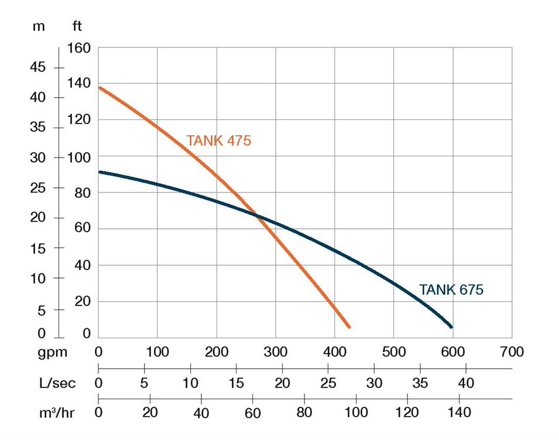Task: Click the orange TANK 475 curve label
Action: coord(218,141)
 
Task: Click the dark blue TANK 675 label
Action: coord(451,290)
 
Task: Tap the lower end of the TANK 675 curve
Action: coord(451,327)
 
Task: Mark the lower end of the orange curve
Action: coord(348,326)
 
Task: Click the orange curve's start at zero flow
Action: coord(100,88)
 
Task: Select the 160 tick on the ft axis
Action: coord(80,47)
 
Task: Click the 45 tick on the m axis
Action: coord(37,67)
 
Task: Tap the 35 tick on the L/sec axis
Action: coord(420,383)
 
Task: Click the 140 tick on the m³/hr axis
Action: coord(459,413)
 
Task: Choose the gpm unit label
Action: coord(53,352)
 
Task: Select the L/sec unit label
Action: coord(57,383)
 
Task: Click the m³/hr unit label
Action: coord(57,413)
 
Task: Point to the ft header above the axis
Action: coord(77,27)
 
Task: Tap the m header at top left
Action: coord(39,27)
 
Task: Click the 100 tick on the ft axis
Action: coord(80,157)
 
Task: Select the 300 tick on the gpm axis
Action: coord(276,352)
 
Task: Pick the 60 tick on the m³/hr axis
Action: coord(252,413)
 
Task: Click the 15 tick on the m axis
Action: coord(37,248)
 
